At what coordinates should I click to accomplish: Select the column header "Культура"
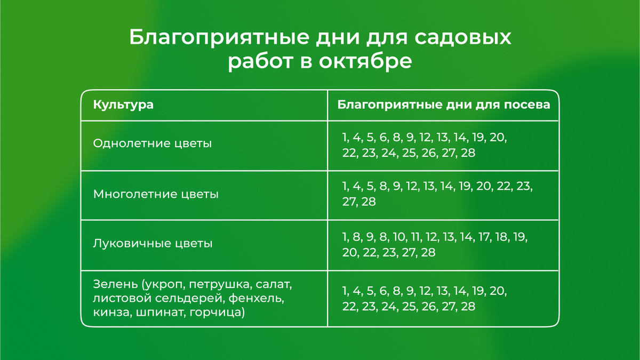click(123, 105)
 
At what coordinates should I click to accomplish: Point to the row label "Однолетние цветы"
click(152, 143)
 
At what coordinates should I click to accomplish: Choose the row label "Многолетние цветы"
click(156, 194)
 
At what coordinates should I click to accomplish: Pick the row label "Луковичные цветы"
click(153, 244)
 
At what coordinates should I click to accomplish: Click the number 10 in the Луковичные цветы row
click(399, 237)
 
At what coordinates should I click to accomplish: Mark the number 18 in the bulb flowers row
click(501, 237)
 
